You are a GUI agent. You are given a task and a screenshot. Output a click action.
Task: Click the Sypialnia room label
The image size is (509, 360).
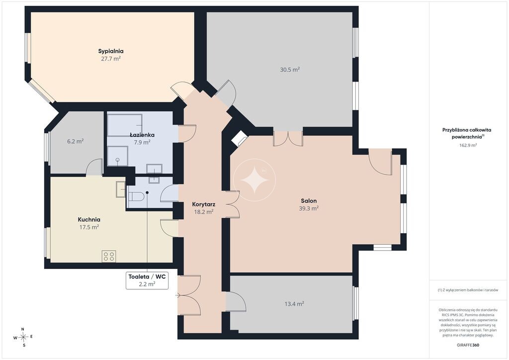(111, 51)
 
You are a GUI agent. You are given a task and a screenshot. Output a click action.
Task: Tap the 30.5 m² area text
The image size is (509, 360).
(290, 70)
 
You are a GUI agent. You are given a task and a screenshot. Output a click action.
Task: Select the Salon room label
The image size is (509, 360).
(309, 201)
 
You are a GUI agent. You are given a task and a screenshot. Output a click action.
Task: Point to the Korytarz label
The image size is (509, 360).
(203, 204)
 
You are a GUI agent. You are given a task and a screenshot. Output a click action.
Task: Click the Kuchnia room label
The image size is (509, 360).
(89, 219)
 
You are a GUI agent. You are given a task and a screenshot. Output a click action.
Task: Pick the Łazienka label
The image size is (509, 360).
(142, 135)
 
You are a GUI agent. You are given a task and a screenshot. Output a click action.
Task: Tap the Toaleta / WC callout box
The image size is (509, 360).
(147, 280)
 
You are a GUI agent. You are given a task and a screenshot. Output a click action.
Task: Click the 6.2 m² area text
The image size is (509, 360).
(76, 141)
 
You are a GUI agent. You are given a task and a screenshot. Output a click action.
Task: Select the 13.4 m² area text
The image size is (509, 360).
(294, 304)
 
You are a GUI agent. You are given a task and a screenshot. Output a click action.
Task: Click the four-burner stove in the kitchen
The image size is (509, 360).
(109, 256)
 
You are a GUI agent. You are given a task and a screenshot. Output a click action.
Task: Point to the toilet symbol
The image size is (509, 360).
(136, 197)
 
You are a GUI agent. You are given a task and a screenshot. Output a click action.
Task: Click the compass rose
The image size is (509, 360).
(23, 337)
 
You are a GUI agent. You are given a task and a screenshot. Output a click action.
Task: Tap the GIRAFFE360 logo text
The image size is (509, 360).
(468, 345)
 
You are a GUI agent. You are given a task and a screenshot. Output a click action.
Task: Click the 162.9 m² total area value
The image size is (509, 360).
(468, 145)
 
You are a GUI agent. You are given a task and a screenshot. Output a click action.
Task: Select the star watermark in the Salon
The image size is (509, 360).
(254, 180)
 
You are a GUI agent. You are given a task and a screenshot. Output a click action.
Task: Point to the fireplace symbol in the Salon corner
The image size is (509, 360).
(239, 139)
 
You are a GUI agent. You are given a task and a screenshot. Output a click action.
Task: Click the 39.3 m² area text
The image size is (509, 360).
(309, 208)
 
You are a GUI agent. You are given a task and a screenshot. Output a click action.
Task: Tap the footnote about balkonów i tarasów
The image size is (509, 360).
(468, 290)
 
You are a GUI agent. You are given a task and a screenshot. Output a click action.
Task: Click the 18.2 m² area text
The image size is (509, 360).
(203, 212)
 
